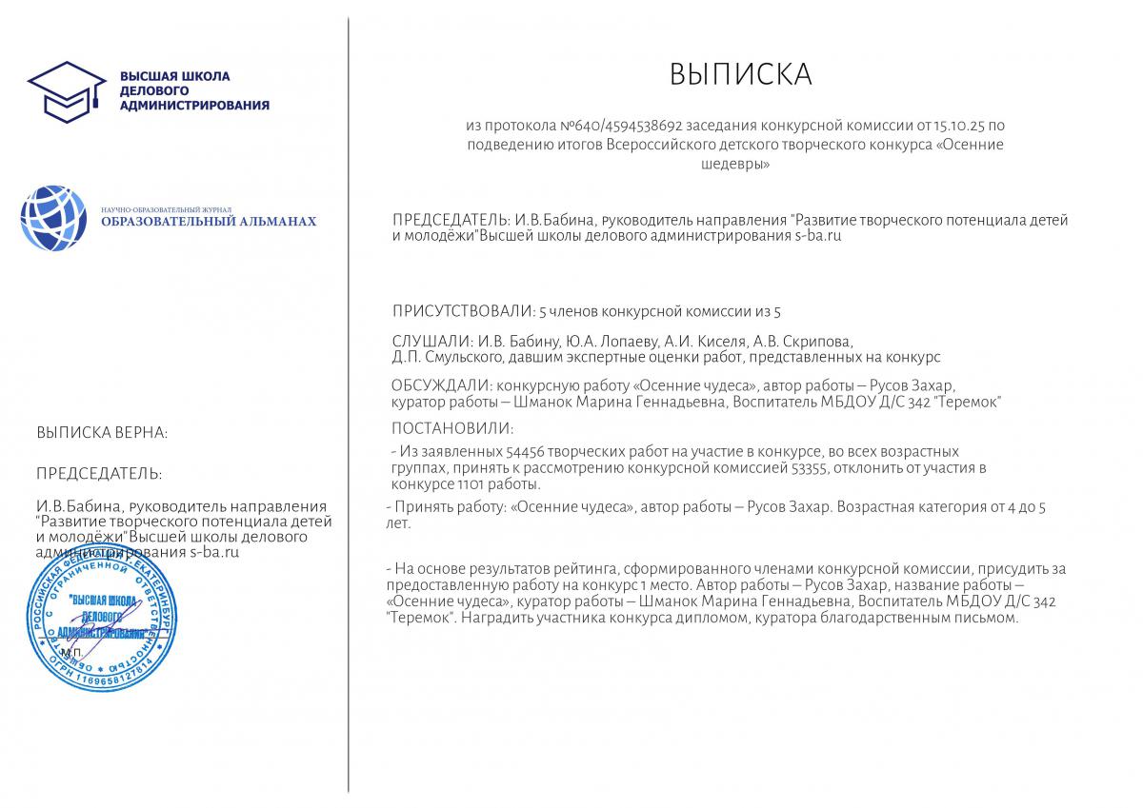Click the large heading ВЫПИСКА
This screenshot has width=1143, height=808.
(x=740, y=74)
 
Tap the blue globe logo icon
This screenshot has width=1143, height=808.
(x=53, y=218)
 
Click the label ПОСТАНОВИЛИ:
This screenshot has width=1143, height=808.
(x=452, y=428)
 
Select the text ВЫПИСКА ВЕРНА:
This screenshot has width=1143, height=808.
(x=102, y=433)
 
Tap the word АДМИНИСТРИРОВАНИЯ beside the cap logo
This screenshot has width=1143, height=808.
(x=194, y=105)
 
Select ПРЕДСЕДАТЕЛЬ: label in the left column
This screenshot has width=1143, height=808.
(x=99, y=474)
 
